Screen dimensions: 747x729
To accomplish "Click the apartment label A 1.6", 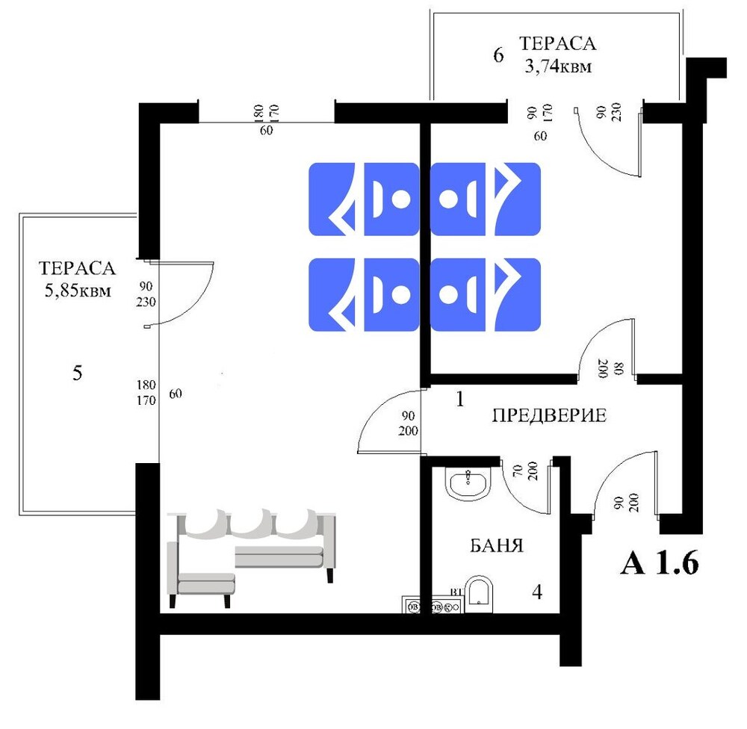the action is [x=660, y=563].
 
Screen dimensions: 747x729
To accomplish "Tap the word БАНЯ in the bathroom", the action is [x=497, y=545].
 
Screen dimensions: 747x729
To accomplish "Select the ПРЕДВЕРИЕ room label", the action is [x=549, y=415].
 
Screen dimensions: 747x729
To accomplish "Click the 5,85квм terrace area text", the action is [x=78, y=290].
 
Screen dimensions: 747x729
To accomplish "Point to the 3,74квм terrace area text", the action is [x=558, y=66].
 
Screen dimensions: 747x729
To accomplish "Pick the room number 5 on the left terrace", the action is [x=77, y=372].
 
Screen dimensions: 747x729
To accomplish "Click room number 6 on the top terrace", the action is [x=498, y=55].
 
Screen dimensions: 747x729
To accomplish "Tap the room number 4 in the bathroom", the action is [x=537, y=592].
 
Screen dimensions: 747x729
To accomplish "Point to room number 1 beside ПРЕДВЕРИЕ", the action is [x=459, y=400].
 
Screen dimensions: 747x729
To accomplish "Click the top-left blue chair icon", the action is [x=364, y=199].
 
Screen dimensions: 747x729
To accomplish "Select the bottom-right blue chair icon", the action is [x=486, y=294].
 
